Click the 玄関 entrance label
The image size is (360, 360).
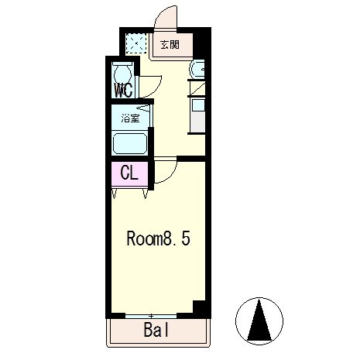170,45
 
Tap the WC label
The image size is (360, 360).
124,91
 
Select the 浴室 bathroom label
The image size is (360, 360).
131,118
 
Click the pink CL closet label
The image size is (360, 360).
129,173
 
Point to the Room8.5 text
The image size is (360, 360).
159,238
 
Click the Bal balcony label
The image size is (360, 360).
156,330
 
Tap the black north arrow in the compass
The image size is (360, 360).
259,320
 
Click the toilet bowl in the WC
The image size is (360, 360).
122,73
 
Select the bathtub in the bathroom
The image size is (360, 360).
130,143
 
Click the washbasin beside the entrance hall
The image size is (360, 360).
197,68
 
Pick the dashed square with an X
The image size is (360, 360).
136,43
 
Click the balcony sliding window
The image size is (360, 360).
151,316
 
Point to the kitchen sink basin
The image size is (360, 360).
198,105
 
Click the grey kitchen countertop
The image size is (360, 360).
198,122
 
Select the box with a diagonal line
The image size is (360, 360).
197,88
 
